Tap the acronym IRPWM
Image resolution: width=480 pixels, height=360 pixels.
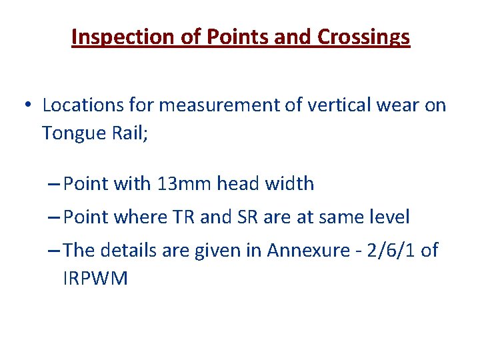tap(95, 278)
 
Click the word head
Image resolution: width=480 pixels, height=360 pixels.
tap(242, 183)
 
